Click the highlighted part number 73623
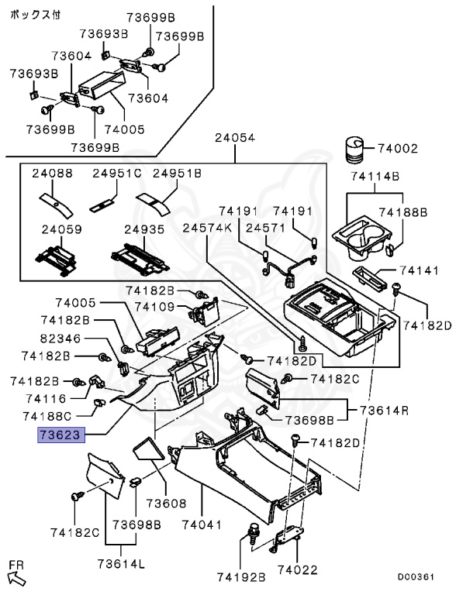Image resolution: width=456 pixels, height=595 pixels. click(x=60, y=435)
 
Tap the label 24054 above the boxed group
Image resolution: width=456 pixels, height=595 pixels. click(x=235, y=137)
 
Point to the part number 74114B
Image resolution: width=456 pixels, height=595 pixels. click(x=375, y=176)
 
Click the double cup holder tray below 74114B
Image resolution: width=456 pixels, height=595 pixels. click(x=361, y=239)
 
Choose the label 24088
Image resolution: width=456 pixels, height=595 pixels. click(x=52, y=174)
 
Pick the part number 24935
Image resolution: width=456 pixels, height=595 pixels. click(x=144, y=229)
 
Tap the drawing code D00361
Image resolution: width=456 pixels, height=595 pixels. click(x=416, y=576)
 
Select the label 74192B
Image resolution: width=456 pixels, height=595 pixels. click(x=241, y=577)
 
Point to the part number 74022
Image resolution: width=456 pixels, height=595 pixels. click(x=297, y=569)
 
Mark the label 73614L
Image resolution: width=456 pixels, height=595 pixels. click(x=121, y=564)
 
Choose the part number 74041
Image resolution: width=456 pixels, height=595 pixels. click(x=202, y=524)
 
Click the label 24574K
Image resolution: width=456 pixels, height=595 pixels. click(x=207, y=228)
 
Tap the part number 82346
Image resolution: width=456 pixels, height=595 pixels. click(x=60, y=338)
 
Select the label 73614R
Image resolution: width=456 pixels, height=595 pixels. click(x=384, y=411)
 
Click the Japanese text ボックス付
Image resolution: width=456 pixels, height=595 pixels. click(x=35, y=15)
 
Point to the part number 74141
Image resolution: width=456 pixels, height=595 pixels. click(x=419, y=270)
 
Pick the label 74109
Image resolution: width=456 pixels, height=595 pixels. click(x=154, y=307)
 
